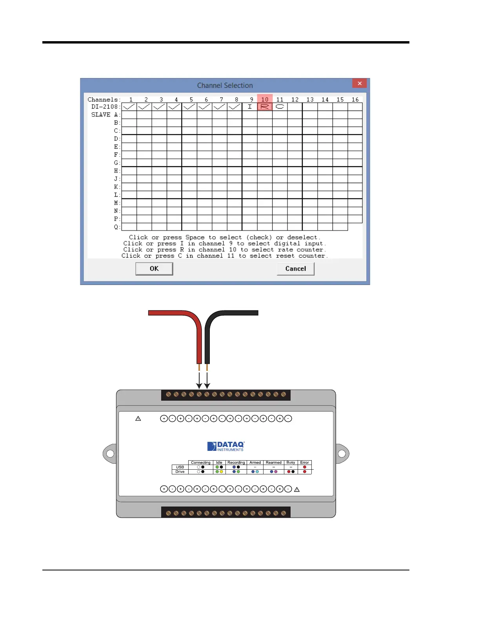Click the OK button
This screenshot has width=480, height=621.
(x=154, y=269)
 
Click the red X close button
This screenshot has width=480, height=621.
(x=359, y=83)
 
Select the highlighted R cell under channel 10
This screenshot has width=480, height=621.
(x=265, y=107)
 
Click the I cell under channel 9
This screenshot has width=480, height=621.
(x=250, y=107)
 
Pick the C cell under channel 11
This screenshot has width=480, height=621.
(x=280, y=107)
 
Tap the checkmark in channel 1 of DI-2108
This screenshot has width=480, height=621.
(x=129, y=107)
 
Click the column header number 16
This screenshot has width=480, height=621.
(x=355, y=100)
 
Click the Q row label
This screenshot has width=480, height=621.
(x=116, y=227)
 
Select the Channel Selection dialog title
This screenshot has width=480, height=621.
(x=225, y=85)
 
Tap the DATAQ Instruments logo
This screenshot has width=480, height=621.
(x=226, y=447)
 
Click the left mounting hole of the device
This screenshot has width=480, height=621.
(x=110, y=454)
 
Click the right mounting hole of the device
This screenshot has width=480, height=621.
(x=342, y=454)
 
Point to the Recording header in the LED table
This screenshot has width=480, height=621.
(x=236, y=463)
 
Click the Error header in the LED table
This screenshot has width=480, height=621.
(x=305, y=463)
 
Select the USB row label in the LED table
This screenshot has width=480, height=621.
(x=180, y=467)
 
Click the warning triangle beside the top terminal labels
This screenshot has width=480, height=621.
(x=138, y=419)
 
